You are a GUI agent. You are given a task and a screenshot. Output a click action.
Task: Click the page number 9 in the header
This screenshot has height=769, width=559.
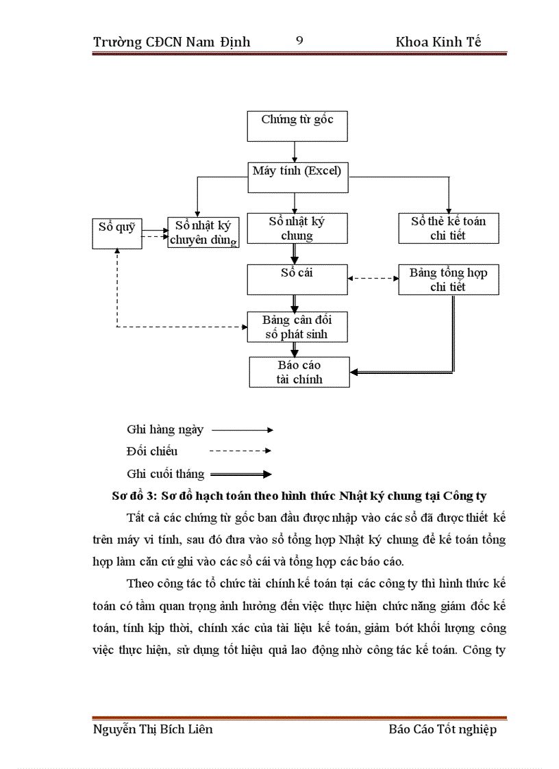point(299,40)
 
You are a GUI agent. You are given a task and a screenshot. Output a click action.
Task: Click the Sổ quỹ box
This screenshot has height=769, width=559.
point(116,233)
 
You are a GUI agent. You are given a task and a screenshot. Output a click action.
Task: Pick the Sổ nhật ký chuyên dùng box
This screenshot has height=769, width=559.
point(203,232)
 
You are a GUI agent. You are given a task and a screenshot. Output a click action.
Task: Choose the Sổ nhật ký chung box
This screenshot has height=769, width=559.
point(297,228)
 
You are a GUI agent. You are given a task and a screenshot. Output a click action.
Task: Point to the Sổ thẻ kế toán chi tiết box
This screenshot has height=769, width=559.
point(449,228)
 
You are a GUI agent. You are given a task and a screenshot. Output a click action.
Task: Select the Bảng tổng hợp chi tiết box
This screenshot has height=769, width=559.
point(449,279)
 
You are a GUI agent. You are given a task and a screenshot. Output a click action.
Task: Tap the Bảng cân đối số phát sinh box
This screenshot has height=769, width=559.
point(297,327)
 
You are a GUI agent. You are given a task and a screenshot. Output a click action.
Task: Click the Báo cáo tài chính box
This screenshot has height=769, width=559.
point(299,372)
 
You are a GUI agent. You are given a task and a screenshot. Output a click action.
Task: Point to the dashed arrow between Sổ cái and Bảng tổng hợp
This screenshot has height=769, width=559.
point(373,279)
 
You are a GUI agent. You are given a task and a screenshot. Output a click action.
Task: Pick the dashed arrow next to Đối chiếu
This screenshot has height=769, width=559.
point(242,451)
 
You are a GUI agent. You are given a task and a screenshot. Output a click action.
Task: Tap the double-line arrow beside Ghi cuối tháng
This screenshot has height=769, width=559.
point(241,474)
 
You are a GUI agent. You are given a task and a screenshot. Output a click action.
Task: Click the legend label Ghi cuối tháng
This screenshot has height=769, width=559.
point(165,473)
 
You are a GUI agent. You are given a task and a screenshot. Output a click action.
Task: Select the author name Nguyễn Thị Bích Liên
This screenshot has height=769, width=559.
point(153,729)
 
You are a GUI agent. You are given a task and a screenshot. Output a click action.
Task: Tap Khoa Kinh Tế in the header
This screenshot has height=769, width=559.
point(438,42)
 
